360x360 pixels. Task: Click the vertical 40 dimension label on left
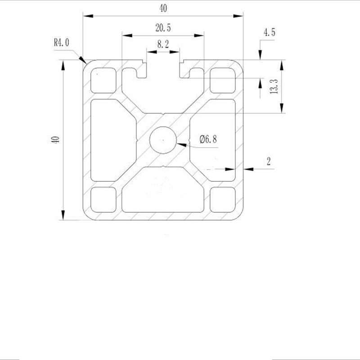point(55,139)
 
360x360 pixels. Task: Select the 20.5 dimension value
point(163,28)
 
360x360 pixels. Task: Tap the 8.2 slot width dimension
point(162,44)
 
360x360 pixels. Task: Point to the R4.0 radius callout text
point(62,43)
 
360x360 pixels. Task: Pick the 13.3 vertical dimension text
point(274,85)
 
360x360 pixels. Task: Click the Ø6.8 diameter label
point(207,139)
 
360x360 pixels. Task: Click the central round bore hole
point(162,139)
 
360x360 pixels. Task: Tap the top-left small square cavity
point(103,80)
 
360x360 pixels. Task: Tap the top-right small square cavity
point(223,80)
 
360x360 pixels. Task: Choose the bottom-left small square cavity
point(103,199)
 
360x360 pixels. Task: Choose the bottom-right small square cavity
point(223,199)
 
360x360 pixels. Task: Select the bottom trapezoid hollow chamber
point(163,191)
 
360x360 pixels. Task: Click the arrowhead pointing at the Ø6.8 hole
point(180,144)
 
